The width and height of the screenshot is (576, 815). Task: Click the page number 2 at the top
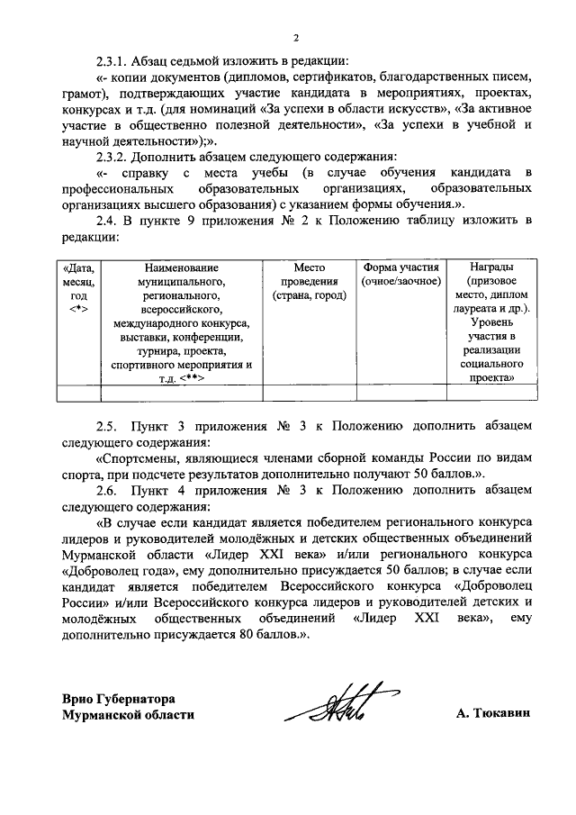pos(295,37)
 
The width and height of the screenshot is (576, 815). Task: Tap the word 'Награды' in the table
pos(492,268)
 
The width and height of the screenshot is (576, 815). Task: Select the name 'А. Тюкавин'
pos(493,714)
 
